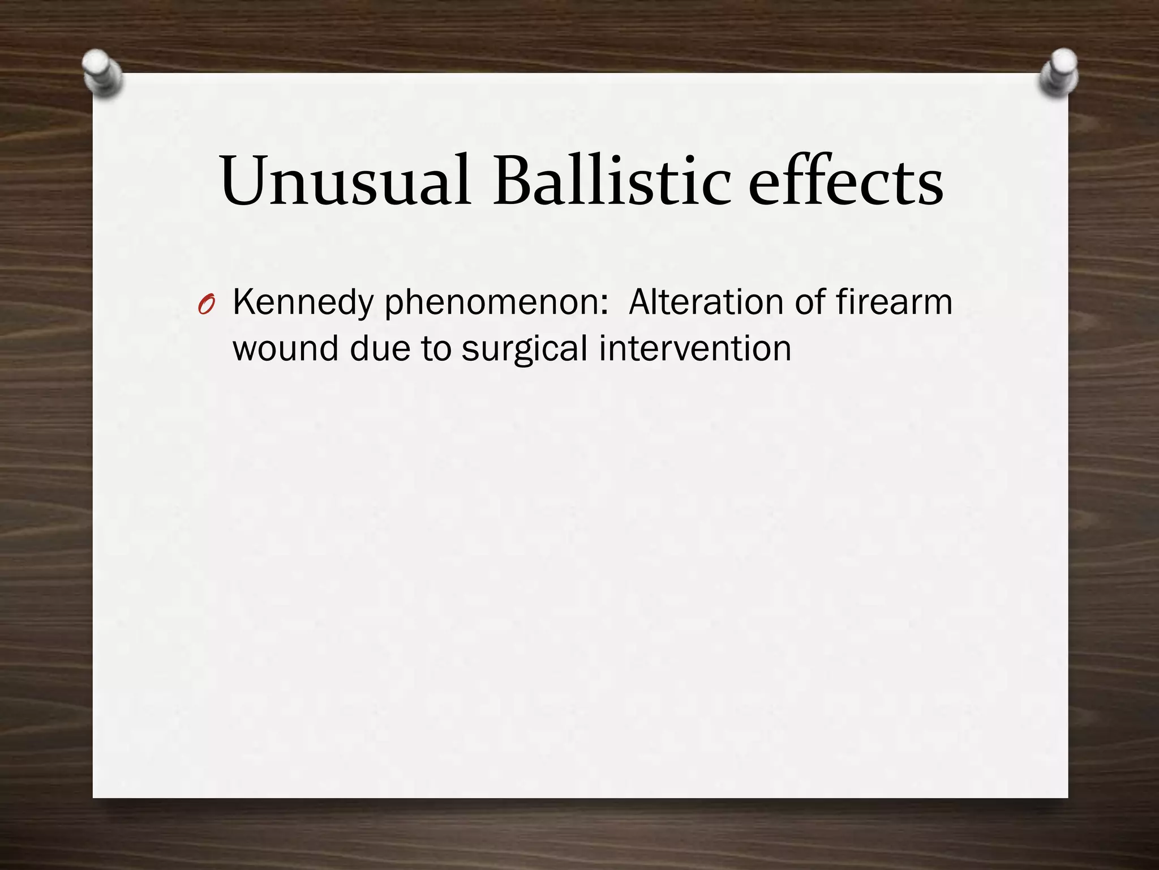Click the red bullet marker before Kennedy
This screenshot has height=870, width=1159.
tap(206, 306)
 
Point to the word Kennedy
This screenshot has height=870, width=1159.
tap(303, 303)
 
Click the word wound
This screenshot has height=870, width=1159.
tap(285, 348)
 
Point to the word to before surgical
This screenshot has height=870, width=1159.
tap(436, 349)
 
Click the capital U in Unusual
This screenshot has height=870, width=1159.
tap(244, 180)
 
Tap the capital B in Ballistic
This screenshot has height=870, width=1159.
tap(513, 180)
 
